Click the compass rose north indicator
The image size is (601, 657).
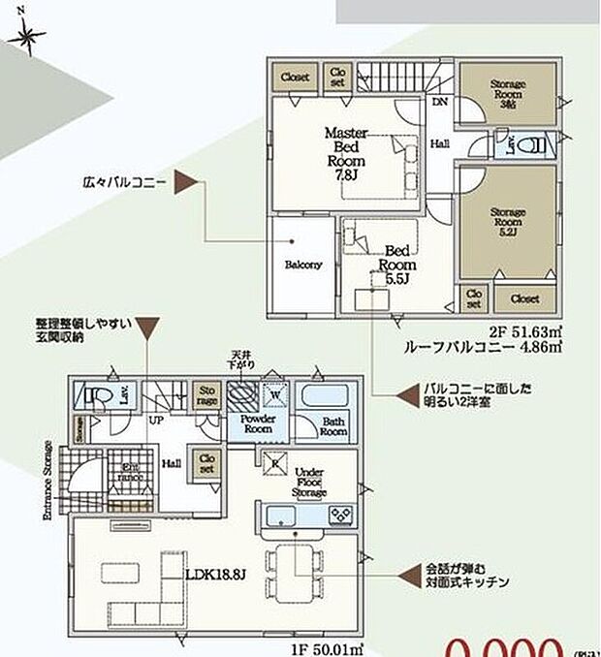27,37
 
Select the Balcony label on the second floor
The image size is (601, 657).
303,265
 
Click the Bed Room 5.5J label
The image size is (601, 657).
396,264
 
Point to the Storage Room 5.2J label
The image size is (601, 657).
508,222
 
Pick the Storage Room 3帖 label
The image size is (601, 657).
507,97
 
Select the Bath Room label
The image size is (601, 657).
333,426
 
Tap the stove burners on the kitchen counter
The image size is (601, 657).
341,515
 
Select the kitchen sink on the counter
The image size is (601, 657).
281,515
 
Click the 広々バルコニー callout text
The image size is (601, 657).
126,181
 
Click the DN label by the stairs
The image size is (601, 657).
438,100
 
